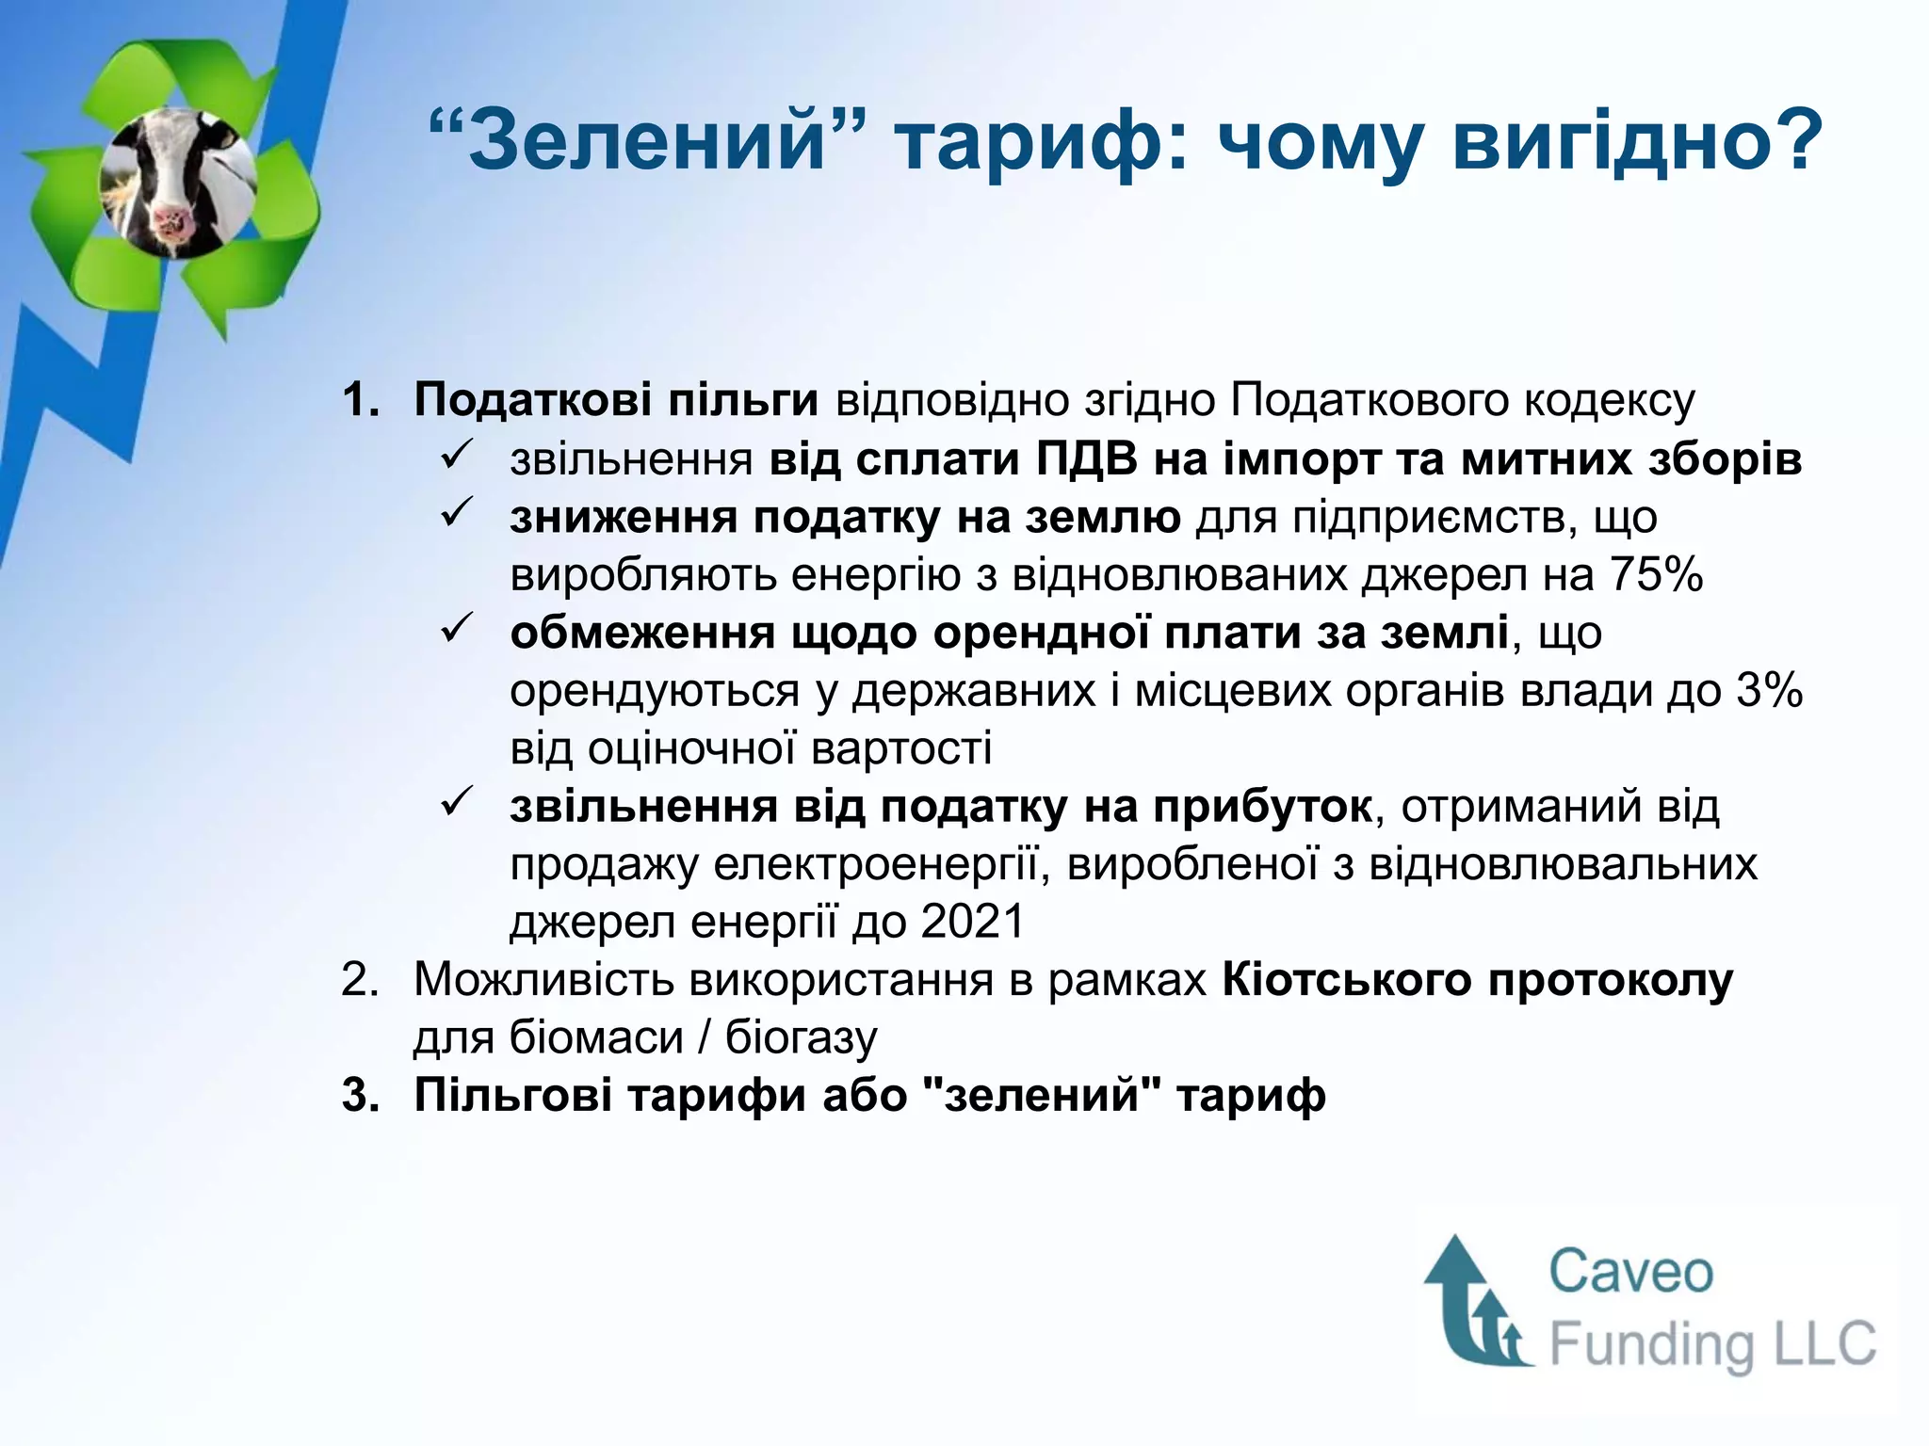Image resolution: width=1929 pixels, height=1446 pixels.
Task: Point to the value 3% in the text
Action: click(1770, 690)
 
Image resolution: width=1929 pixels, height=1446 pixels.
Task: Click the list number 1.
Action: click(358, 400)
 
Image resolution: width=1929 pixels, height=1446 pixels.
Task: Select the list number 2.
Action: click(358, 980)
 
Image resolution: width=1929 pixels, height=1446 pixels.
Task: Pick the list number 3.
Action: click(358, 1096)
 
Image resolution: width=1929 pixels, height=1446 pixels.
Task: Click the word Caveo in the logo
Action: click(1630, 1272)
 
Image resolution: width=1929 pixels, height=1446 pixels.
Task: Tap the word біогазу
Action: click(801, 1038)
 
